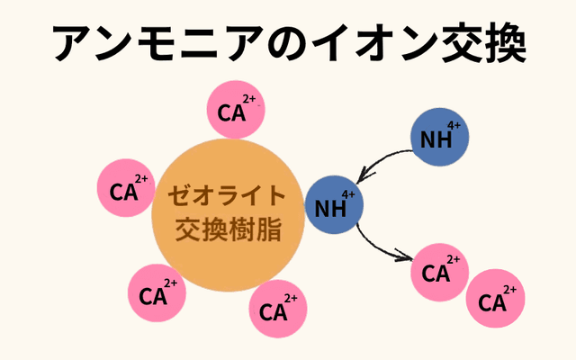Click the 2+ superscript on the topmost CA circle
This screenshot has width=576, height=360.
point(248,99)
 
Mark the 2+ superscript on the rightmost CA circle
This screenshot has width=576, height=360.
point(509,289)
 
